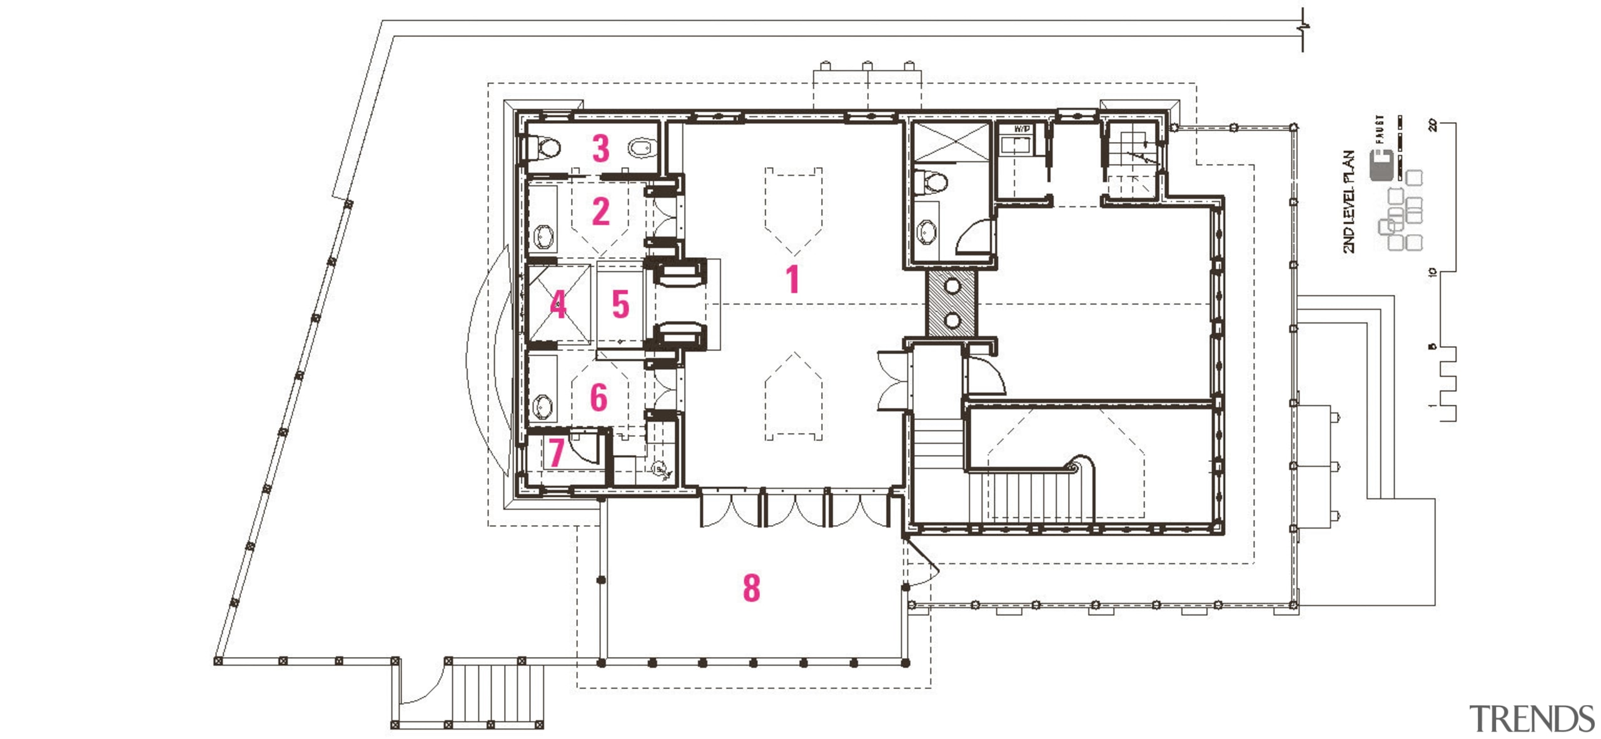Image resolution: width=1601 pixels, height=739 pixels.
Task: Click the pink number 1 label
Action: [792, 279]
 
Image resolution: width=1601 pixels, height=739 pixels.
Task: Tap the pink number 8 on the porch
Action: [751, 588]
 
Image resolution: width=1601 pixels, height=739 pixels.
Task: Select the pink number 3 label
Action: [600, 148]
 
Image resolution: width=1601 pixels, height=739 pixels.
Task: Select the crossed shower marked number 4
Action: [559, 304]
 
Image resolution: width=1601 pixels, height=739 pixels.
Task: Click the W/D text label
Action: [1021, 129]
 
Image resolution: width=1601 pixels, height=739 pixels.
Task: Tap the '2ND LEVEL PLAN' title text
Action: [1349, 201]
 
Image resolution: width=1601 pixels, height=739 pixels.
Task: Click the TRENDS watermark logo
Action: [1531, 718]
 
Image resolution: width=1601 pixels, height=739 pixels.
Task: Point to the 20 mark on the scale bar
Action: [1433, 125]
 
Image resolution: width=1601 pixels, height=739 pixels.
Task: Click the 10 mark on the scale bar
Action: [1433, 272]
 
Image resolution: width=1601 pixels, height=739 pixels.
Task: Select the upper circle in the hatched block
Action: [952, 286]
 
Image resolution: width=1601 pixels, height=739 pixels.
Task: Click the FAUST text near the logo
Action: [1380, 129]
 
